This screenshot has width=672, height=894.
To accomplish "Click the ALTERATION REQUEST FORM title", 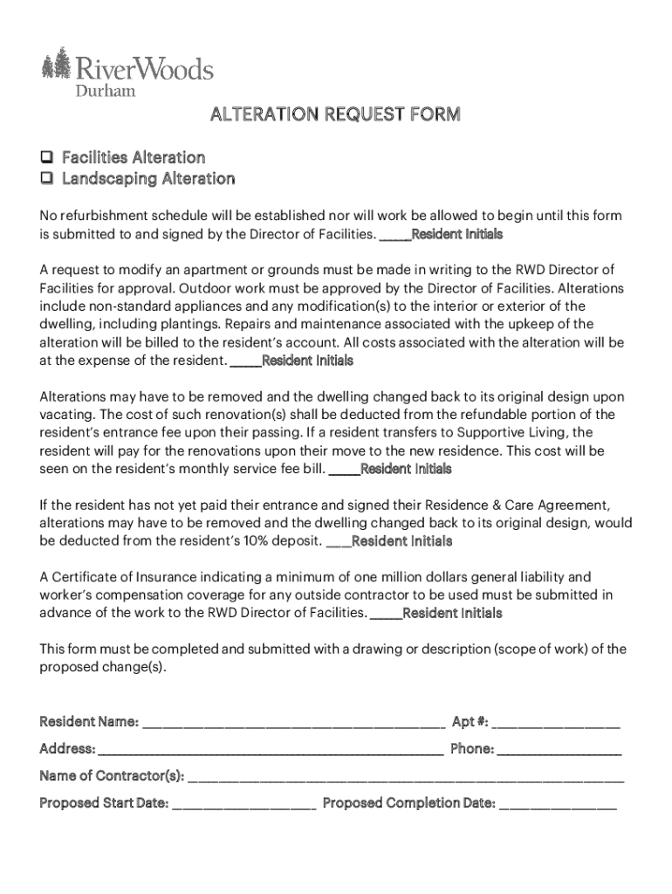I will click(334, 115).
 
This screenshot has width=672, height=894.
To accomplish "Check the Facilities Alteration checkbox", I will click(46, 158).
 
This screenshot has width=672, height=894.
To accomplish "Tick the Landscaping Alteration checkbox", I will click(46, 179).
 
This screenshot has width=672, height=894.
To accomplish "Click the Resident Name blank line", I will click(293, 724).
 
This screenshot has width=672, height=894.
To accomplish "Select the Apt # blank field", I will click(556, 724).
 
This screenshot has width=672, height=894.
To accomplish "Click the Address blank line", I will click(270, 751).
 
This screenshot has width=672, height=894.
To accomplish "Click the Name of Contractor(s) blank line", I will click(406, 778).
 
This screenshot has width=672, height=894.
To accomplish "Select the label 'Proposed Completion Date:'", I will click(408, 803).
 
